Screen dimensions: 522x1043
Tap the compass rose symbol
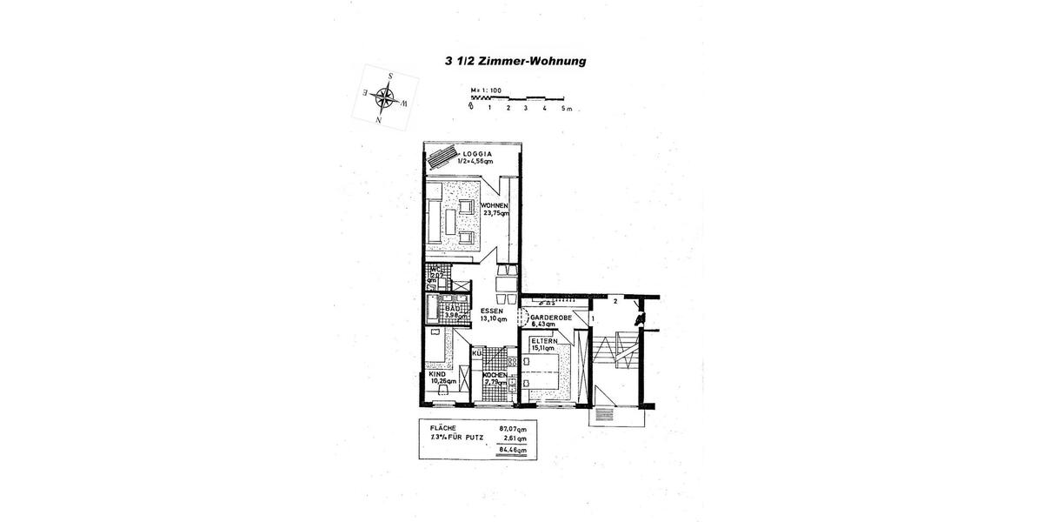point(383,98)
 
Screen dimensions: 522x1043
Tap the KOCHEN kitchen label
point(495,375)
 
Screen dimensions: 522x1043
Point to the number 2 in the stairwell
point(615,301)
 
